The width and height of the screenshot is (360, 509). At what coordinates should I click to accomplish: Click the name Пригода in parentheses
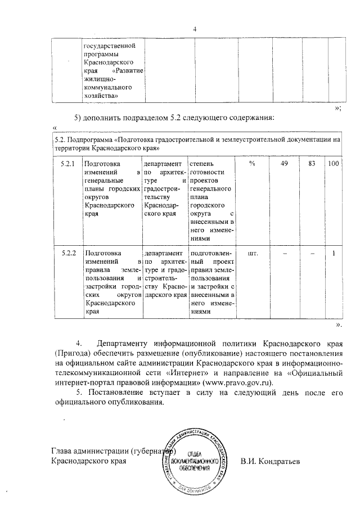coord(69,353)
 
